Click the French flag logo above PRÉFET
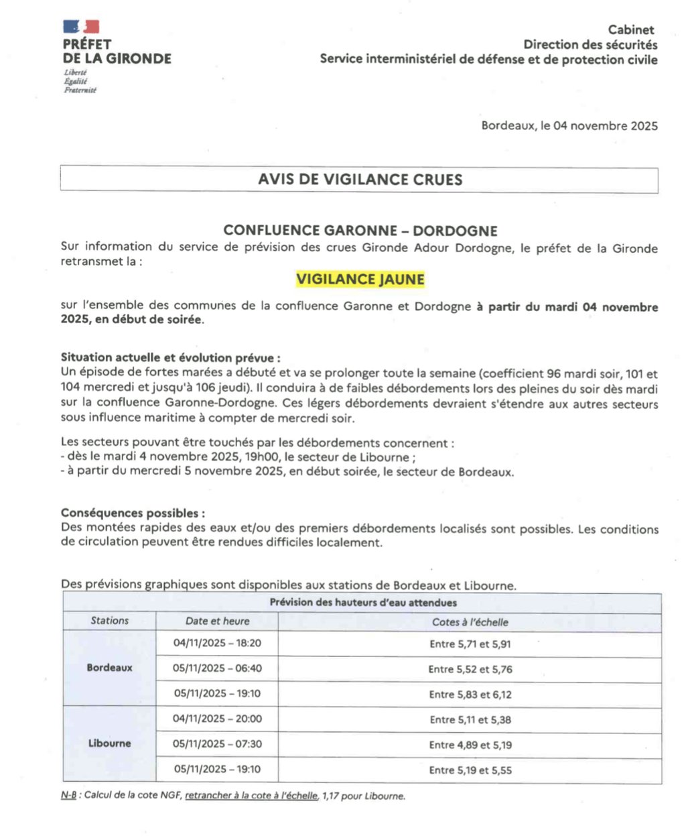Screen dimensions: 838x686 click(x=81, y=27)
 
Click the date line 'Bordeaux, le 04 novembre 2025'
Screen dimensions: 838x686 click(x=569, y=125)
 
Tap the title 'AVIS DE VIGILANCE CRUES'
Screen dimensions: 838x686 click(x=360, y=180)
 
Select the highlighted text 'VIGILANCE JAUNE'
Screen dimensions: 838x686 click(x=360, y=279)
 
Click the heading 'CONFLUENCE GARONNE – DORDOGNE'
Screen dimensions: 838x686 click(x=360, y=231)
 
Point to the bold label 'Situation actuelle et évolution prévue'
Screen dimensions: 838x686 click(x=170, y=357)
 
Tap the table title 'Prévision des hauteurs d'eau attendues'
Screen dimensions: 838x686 click(x=363, y=603)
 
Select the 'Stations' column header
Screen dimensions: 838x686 click(x=110, y=621)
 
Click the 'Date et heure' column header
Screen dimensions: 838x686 click(x=217, y=621)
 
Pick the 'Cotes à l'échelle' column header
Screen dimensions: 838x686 click(x=470, y=622)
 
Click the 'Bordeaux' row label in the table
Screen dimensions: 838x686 click(x=110, y=668)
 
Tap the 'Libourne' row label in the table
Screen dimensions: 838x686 click(x=110, y=743)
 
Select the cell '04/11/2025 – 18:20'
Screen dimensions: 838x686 click(x=217, y=643)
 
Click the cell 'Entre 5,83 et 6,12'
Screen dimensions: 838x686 click(x=470, y=695)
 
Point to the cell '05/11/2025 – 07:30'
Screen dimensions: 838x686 click(x=217, y=743)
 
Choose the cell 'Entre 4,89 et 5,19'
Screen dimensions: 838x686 click(x=470, y=745)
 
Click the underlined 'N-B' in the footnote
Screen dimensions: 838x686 click(x=68, y=796)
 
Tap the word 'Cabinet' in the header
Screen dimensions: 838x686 click(x=631, y=29)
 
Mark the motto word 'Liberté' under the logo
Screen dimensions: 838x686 click(x=76, y=72)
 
